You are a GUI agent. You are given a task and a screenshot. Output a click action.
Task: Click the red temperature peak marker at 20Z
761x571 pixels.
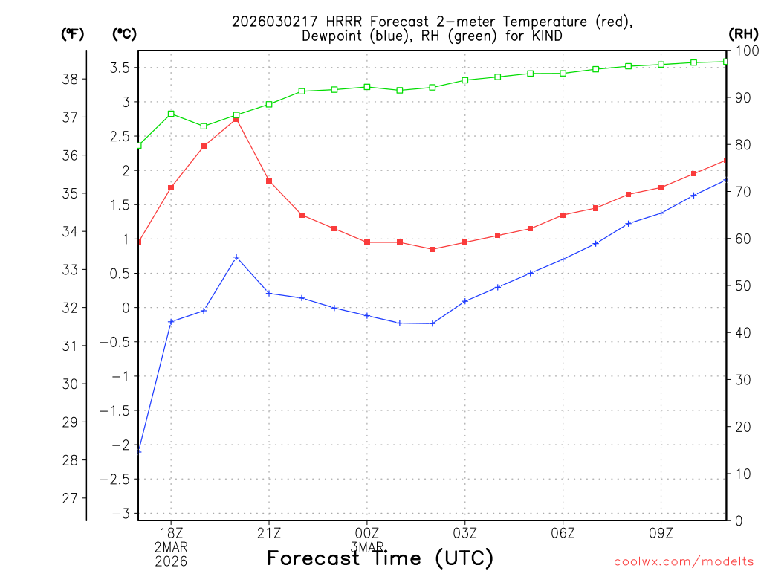click(236, 119)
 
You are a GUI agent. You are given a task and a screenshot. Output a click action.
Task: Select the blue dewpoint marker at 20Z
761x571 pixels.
click(236, 257)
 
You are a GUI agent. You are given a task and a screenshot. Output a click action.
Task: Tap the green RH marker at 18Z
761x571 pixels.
click(171, 114)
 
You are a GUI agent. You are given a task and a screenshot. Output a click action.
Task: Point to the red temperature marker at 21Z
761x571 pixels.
click(269, 181)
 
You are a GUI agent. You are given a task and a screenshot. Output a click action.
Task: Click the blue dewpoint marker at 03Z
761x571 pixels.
click(465, 301)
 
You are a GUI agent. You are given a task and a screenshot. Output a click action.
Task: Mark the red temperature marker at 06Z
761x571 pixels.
click(563, 215)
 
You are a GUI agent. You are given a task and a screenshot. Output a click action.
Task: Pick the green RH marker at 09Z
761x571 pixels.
click(661, 65)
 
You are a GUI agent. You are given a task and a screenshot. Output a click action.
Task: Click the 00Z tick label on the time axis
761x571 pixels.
click(367, 533)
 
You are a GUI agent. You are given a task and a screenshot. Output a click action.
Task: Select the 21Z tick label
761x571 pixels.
click(269, 533)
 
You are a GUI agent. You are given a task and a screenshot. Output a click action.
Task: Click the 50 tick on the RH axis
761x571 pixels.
click(742, 285)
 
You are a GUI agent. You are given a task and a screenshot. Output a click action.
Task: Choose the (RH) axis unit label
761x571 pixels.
click(742, 33)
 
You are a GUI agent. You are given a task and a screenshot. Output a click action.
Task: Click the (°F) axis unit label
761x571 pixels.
click(73, 33)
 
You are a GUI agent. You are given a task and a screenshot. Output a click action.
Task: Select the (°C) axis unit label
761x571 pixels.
click(123, 33)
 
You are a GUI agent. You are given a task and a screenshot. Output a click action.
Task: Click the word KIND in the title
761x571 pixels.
click(545, 36)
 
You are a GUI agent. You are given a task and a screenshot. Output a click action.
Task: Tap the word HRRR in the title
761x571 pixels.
click(324, 21)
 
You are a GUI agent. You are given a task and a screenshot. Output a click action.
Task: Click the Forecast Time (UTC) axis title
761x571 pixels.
click(380, 558)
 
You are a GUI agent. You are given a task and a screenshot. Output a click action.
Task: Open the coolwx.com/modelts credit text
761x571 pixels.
click(684, 561)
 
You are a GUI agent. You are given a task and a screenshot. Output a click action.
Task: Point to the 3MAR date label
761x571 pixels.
click(367, 547)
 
